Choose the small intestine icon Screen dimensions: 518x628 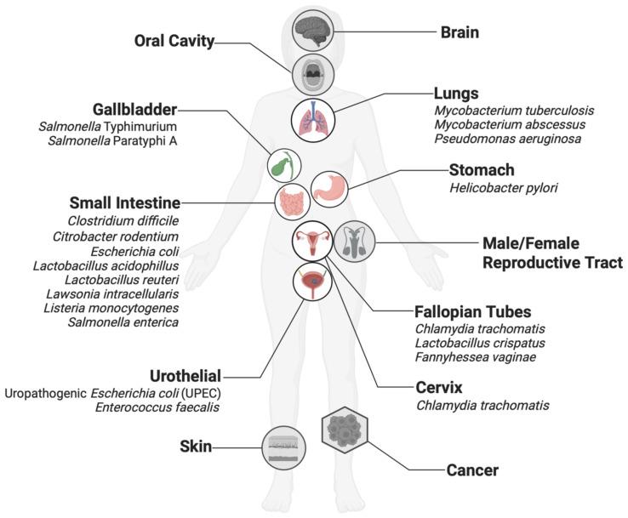tap(291, 203)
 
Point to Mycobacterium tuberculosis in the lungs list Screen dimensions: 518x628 tap(528, 110)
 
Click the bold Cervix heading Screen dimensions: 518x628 tap(440, 387)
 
